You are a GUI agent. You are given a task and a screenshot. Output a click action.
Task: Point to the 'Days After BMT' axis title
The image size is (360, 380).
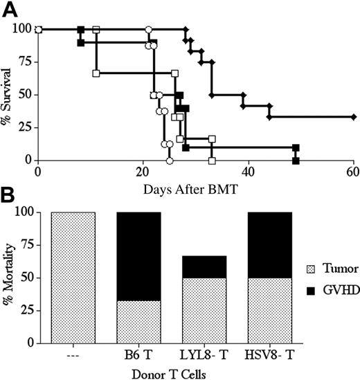[195, 188]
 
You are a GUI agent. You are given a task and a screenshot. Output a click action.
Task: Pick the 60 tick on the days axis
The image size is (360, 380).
[353, 172]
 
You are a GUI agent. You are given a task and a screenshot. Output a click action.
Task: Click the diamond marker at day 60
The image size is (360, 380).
[353, 117]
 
